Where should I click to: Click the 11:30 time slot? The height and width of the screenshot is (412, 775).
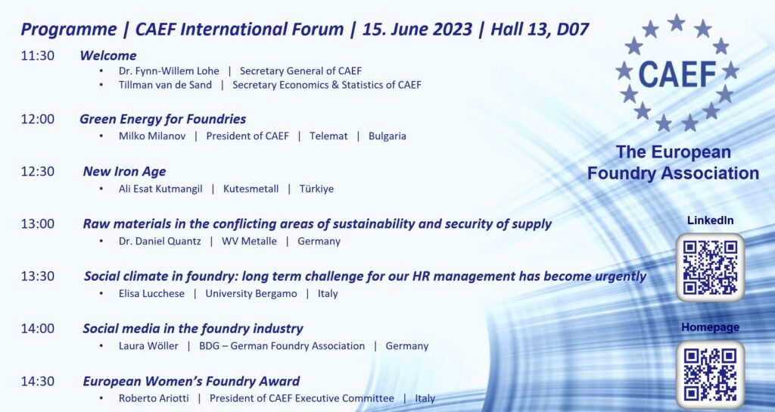click(x=38, y=55)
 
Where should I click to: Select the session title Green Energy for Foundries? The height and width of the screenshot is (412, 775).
click(x=163, y=119)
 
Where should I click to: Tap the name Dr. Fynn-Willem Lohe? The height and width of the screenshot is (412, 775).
click(x=169, y=70)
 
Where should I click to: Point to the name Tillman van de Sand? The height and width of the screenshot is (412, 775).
click(x=165, y=85)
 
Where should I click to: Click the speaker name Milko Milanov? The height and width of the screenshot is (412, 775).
click(x=152, y=136)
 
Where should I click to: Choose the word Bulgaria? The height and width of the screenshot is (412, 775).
click(x=387, y=136)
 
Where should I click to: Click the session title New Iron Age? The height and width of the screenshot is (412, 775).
click(x=125, y=172)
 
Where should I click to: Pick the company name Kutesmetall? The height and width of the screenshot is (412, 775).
click(x=251, y=189)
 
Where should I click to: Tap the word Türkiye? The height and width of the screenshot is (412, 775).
click(x=316, y=189)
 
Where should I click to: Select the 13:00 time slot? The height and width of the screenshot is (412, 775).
click(x=38, y=224)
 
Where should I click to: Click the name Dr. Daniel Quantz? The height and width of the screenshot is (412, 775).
click(x=160, y=242)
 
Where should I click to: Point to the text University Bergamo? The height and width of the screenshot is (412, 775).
click(x=251, y=294)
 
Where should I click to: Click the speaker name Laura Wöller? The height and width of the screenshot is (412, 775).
click(x=148, y=346)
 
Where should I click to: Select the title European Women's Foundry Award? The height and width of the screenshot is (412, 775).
click(x=191, y=382)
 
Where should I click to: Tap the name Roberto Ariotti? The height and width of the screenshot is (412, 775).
click(x=154, y=398)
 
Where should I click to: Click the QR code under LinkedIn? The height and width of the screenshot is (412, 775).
click(x=710, y=267)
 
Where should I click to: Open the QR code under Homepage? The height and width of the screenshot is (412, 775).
click(x=710, y=374)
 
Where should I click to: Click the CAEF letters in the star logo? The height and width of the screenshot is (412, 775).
click(x=677, y=75)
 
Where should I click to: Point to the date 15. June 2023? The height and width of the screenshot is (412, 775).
click(x=417, y=30)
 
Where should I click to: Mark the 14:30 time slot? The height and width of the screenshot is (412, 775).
click(x=38, y=382)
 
